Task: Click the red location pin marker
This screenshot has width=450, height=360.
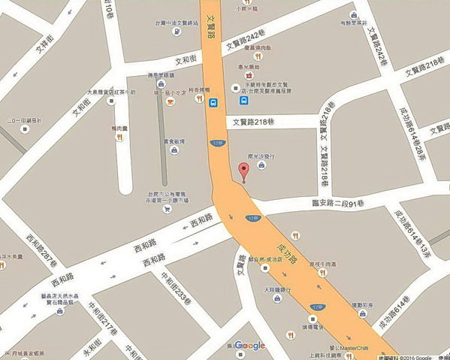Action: pyautogui.click(x=243, y=171)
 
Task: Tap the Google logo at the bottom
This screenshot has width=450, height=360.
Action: pyautogui.click(x=250, y=346)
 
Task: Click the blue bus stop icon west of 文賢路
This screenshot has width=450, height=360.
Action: pyautogui.click(x=214, y=102)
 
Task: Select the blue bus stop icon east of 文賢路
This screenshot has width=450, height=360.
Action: pyautogui.click(x=243, y=99)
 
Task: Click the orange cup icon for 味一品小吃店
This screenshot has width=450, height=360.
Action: pyautogui.click(x=170, y=101)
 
